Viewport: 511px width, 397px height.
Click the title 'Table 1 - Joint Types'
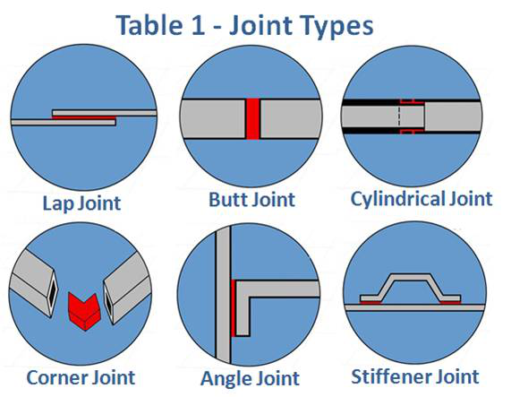pos(244,25)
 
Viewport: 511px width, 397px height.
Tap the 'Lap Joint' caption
pos(81,203)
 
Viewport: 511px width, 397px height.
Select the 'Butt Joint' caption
pos(251,199)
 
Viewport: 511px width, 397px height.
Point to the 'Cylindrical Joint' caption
pos(422,199)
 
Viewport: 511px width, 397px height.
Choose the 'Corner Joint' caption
pos(81,377)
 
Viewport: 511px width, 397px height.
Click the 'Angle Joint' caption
pos(250,378)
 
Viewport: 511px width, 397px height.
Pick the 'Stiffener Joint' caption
pos(415,376)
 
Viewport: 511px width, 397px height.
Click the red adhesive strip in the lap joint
pos(84,117)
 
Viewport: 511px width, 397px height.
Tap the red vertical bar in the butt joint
pos(252,118)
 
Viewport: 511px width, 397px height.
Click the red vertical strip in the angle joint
pos(233,308)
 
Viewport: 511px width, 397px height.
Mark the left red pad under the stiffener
pos(370,302)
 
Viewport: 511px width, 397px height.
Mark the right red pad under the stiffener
pos(450,302)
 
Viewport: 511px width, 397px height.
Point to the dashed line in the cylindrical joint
pos(398,116)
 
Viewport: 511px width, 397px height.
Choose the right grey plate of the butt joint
pos(290,118)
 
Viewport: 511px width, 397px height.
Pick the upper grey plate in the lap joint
pos(105,113)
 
